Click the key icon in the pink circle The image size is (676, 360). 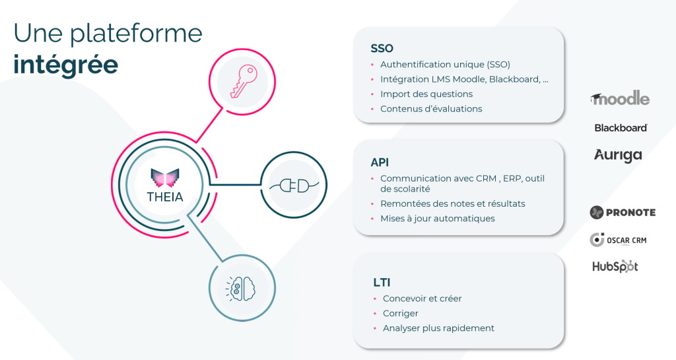point(243,81)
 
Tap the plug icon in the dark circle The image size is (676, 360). point(294,186)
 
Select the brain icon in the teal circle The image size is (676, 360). point(240,289)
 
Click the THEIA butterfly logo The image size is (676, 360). point(165,178)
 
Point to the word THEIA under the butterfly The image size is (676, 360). point(165,197)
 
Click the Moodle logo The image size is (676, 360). point(620,98)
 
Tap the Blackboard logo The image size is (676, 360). point(621,127)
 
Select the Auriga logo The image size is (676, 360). point(618,156)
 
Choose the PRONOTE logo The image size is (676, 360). point(623,212)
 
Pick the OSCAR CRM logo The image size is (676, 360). point(618,240)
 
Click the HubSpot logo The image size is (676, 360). point(615,266)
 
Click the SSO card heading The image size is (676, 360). point(382,48)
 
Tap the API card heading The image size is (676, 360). point(380,162)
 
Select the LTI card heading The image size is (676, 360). point(382,283)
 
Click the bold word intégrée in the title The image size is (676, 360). point(66,65)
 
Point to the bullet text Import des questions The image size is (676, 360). point(426,94)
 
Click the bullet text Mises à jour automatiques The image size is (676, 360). point(438,219)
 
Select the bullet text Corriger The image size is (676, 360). point(401,314)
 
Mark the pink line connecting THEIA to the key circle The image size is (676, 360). point(209,125)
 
